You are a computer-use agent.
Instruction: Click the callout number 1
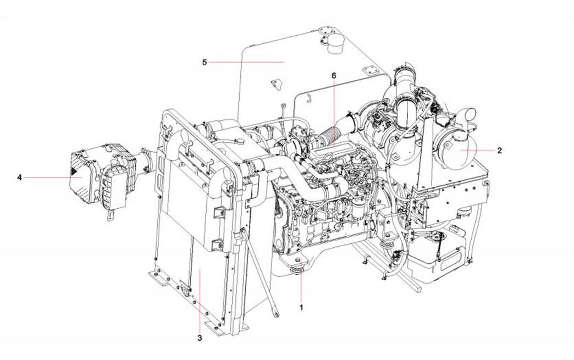point(301,308)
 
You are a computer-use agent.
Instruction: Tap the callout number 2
point(499,151)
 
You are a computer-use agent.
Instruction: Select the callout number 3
point(200,338)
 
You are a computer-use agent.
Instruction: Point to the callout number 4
point(19,178)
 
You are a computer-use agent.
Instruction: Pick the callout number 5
point(205,62)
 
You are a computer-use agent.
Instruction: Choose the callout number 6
point(334,75)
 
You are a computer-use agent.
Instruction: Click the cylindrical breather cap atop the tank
point(333,44)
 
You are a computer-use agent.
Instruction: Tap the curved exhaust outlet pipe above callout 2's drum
point(466,117)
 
